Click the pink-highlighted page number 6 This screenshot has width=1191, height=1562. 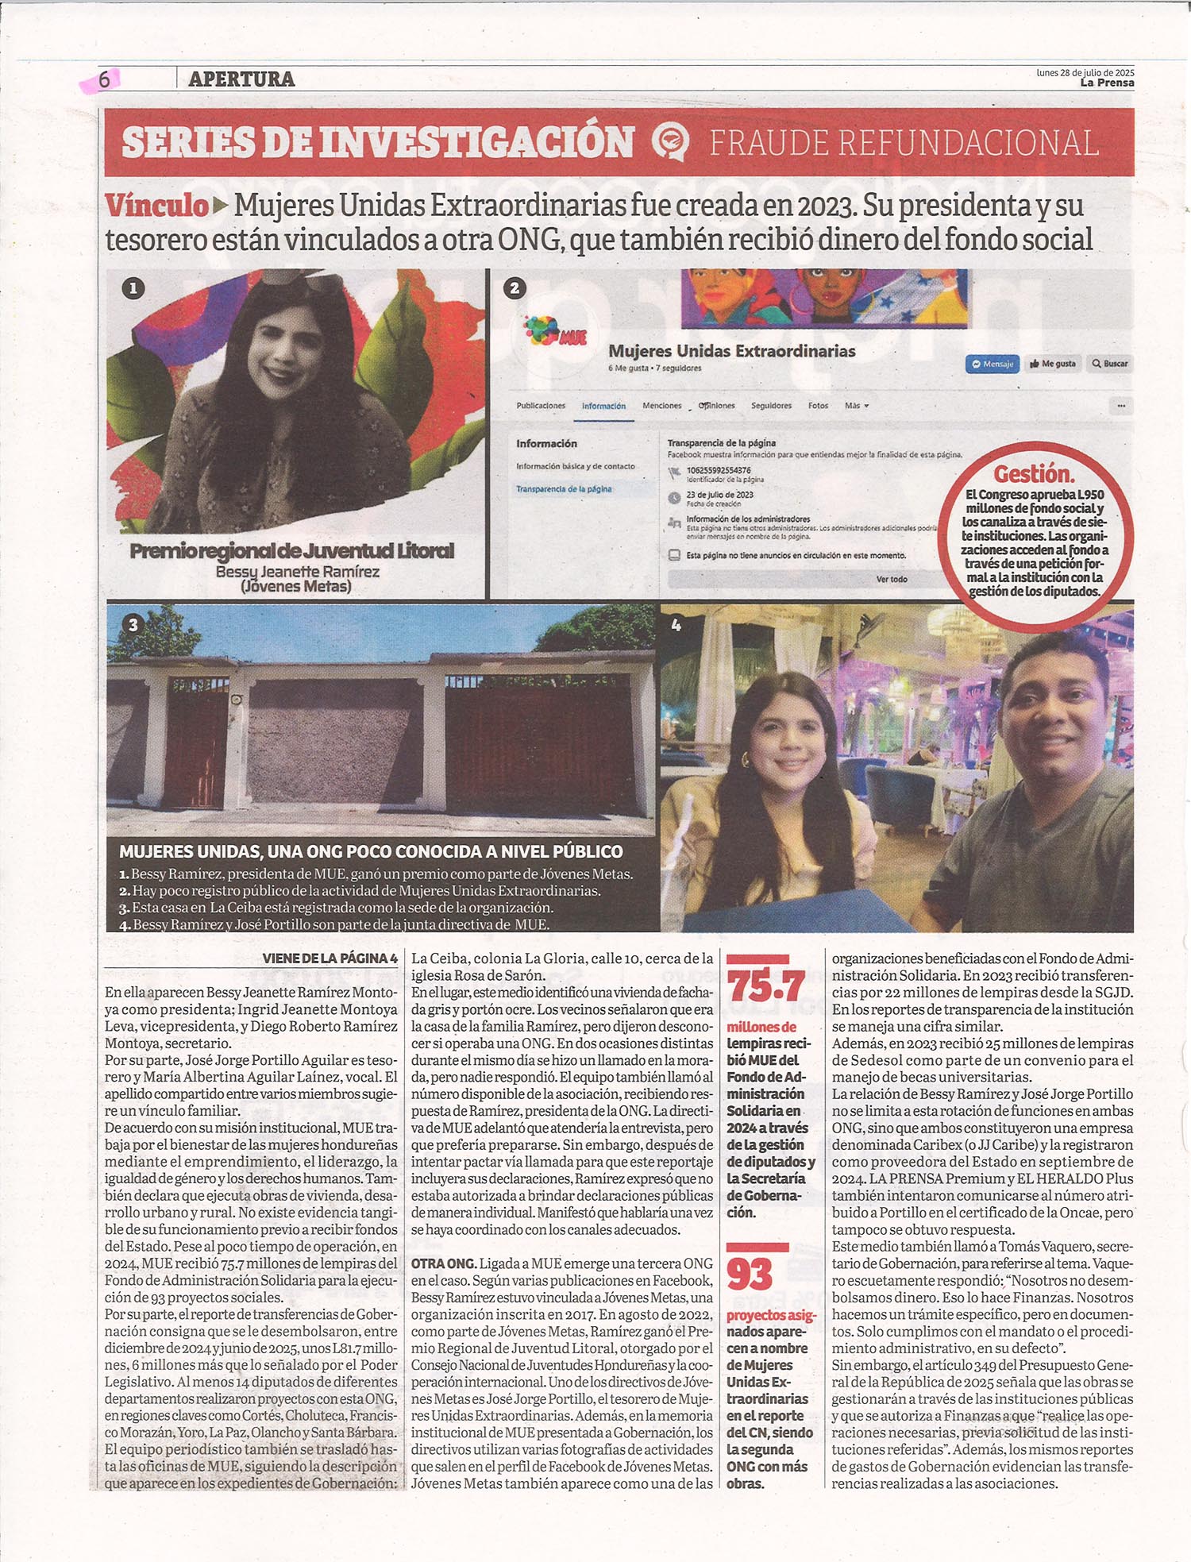pos(103,79)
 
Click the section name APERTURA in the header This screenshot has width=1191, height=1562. pos(241,79)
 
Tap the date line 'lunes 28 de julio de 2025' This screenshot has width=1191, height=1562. pos(1085,72)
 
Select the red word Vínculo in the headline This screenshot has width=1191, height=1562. pos(156,206)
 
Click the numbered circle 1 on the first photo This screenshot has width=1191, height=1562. pos(133,288)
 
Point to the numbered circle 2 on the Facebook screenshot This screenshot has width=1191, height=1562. pos(515,288)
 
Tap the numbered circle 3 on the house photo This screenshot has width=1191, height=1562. pos(133,625)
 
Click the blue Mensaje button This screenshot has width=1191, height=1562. pos(992,364)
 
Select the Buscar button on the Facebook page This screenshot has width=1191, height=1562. pos(1109,364)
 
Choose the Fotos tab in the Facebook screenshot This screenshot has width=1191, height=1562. pos(818,406)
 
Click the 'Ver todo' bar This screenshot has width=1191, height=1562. pos(891,579)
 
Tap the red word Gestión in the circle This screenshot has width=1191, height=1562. pos(1034,474)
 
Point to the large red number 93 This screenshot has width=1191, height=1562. pos(750,1275)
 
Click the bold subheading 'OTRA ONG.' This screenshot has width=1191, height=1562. pos(444,1263)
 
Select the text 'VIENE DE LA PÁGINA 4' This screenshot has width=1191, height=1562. pos(330,958)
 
